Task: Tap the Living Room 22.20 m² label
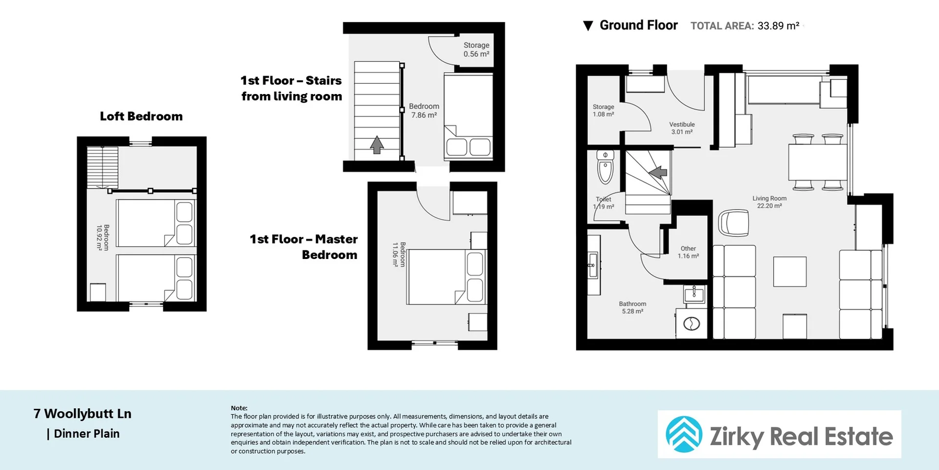click(769, 202)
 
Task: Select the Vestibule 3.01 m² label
click(682, 128)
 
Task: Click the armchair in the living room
click(734, 223)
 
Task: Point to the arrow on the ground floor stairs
click(658, 172)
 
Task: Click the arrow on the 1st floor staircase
click(377, 144)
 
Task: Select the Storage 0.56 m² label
click(476, 49)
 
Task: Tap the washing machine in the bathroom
click(692, 324)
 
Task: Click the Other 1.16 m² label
click(688, 252)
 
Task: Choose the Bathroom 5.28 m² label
click(632, 307)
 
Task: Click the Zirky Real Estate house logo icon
click(684, 434)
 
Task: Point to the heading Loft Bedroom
click(141, 117)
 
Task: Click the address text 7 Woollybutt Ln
click(82, 414)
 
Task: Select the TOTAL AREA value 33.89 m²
click(778, 26)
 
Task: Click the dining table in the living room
click(817, 162)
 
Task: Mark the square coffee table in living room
click(789, 272)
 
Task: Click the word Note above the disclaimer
click(239, 408)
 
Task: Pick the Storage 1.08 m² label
click(603, 111)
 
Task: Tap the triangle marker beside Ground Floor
click(588, 26)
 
